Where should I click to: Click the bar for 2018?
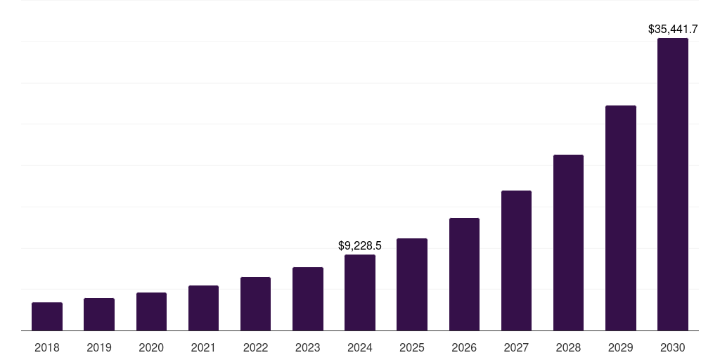point(47,316)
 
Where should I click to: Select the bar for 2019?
point(99,314)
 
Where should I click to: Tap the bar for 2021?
point(203,308)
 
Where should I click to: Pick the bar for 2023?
point(308,299)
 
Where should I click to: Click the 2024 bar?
point(360,292)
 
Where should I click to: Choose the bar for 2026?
point(464,274)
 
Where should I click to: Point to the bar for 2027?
point(516,260)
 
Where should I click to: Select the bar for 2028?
point(568,243)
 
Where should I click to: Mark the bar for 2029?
point(621,218)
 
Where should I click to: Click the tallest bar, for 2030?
point(673,184)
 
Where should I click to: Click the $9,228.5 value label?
point(360,245)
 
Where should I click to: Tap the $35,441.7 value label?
point(673,29)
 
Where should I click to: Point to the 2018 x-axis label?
point(47,347)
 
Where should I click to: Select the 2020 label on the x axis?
point(151,347)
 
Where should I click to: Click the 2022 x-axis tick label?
point(255,347)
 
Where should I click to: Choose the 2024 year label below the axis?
point(360,347)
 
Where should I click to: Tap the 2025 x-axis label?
point(412,347)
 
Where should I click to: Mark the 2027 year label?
point(516,347)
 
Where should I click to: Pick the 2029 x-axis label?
point(621,347)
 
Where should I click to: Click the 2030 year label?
point(673,347)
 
